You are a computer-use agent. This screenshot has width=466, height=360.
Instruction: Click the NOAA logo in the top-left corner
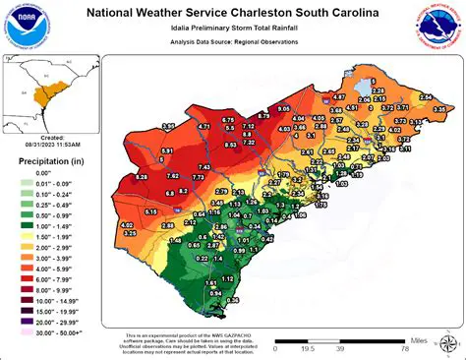click(x=24, y=29)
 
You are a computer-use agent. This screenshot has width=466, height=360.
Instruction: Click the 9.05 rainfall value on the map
click(x=284, y=107)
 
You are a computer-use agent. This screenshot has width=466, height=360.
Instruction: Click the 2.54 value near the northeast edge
click(x=426, y=96)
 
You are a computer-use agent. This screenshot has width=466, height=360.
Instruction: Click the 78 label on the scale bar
click(x=404, y=347)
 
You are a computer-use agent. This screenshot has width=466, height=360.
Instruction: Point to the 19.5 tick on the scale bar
click(x=307, y=347)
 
